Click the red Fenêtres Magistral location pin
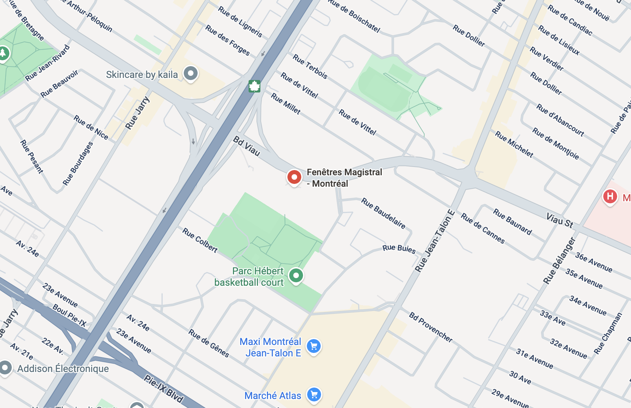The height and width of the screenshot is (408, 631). point(294,177)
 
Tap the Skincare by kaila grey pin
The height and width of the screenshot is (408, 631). point(191,73)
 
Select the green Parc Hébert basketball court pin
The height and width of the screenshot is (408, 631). point(296,276)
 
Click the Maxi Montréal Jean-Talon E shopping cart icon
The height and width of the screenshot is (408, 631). point(314,346)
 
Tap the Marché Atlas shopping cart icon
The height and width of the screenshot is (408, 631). point(314,394)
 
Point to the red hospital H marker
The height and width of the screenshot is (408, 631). point(610,196)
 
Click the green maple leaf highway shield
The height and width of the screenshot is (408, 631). point(254,86)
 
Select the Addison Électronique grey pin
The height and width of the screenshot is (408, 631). point(6,368)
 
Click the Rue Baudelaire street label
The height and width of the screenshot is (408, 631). point(383,213)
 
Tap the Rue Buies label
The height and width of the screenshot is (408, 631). point(399,248)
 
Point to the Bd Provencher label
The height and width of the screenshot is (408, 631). point(431,327)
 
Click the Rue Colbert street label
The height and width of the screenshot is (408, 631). point(200,240)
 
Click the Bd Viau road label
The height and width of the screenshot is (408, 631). point(247,146)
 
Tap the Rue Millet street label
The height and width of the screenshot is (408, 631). point(285,104)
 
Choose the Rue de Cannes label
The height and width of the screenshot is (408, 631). point(483,229)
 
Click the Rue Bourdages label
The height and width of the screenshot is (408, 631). point(78,163)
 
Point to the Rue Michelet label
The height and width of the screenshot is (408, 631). point(514,144)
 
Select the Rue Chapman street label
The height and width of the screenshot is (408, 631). point(608,334)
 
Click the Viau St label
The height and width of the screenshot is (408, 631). point(560,221)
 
